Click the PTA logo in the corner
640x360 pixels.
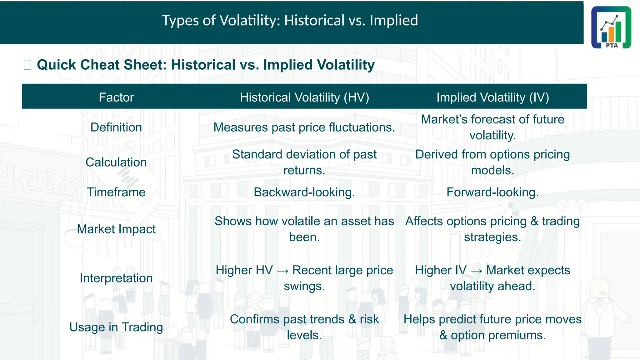tap(611, 27)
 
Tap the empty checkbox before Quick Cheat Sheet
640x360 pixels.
tap(27, 65)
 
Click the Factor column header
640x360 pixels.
tap(116, 97)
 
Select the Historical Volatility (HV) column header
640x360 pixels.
tap(304, 97)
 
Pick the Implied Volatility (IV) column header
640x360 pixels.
tap(492, 97)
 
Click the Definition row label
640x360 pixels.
tap(116, 127)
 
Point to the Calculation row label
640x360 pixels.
tap(116, 162)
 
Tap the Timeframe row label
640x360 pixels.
tap(116, 192)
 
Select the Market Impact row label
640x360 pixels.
tap(116, 229)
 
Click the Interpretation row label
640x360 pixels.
tap(116, 278)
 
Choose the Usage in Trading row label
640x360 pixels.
tap(116, 327)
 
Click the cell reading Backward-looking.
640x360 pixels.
tap(304, 192)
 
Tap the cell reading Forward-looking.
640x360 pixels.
tap(492, 192)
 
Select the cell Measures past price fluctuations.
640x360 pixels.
tap(304, 127)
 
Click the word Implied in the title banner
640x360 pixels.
tap(394, 21)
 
